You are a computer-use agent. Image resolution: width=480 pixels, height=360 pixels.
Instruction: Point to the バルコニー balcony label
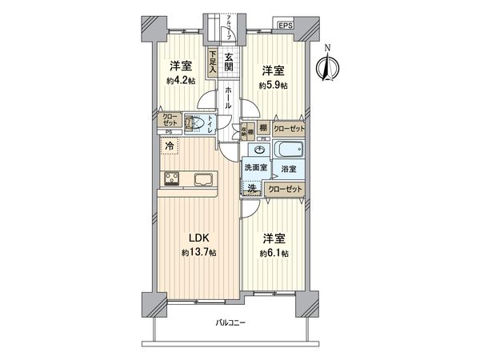[230, 324]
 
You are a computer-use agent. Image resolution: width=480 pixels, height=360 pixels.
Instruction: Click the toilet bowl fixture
[193, 123]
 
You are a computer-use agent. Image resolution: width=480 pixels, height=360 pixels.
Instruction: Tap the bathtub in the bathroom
[289, 150]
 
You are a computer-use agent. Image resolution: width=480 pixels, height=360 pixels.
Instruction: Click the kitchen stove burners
[174, 178]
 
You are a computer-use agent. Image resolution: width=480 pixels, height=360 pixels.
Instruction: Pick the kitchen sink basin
[201, 178]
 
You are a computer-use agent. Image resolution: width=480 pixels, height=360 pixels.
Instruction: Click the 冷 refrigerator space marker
[170, 146]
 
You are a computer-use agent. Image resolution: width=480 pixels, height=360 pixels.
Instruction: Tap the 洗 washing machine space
[251, 188]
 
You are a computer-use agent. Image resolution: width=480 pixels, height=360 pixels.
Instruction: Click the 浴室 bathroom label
[289, 170]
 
